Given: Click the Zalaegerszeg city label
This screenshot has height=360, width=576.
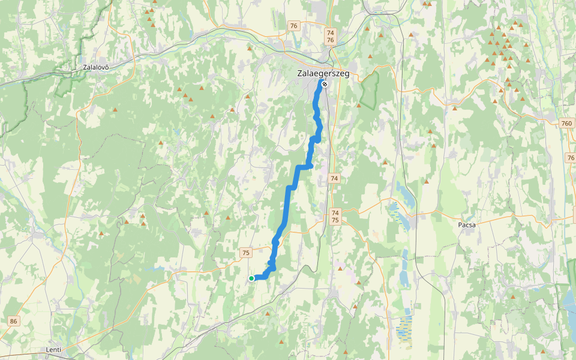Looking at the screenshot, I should [x=323, y=74].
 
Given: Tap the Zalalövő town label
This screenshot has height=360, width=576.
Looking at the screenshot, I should [x=96, y=67].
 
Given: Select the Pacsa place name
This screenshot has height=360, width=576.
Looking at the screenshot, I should [x=466, y=224].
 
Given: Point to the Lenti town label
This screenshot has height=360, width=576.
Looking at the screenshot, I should [x=54, y=349].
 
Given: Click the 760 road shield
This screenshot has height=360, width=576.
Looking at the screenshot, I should [x=567, y=123].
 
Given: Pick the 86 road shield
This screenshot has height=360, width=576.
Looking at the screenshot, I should [x=14, y=322].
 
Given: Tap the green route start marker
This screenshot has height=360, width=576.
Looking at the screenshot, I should [x=251, y=278].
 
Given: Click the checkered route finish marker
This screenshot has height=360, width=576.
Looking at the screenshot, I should [x=325, y=84].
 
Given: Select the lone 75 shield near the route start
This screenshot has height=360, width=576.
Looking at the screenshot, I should [x=246, y=253].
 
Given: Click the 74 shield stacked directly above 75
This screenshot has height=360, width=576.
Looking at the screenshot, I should [x=335, y=213].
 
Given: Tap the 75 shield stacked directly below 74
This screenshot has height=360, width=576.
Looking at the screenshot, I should [x=335, y=220].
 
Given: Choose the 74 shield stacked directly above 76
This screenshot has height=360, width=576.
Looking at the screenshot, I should [x=330, y=32].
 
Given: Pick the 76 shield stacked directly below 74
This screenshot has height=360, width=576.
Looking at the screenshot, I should [x=330, y=40].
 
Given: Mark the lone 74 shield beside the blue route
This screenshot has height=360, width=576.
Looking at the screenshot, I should [x=334, y=178].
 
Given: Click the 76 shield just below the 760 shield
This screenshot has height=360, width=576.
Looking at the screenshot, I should [x=570, y=157].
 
